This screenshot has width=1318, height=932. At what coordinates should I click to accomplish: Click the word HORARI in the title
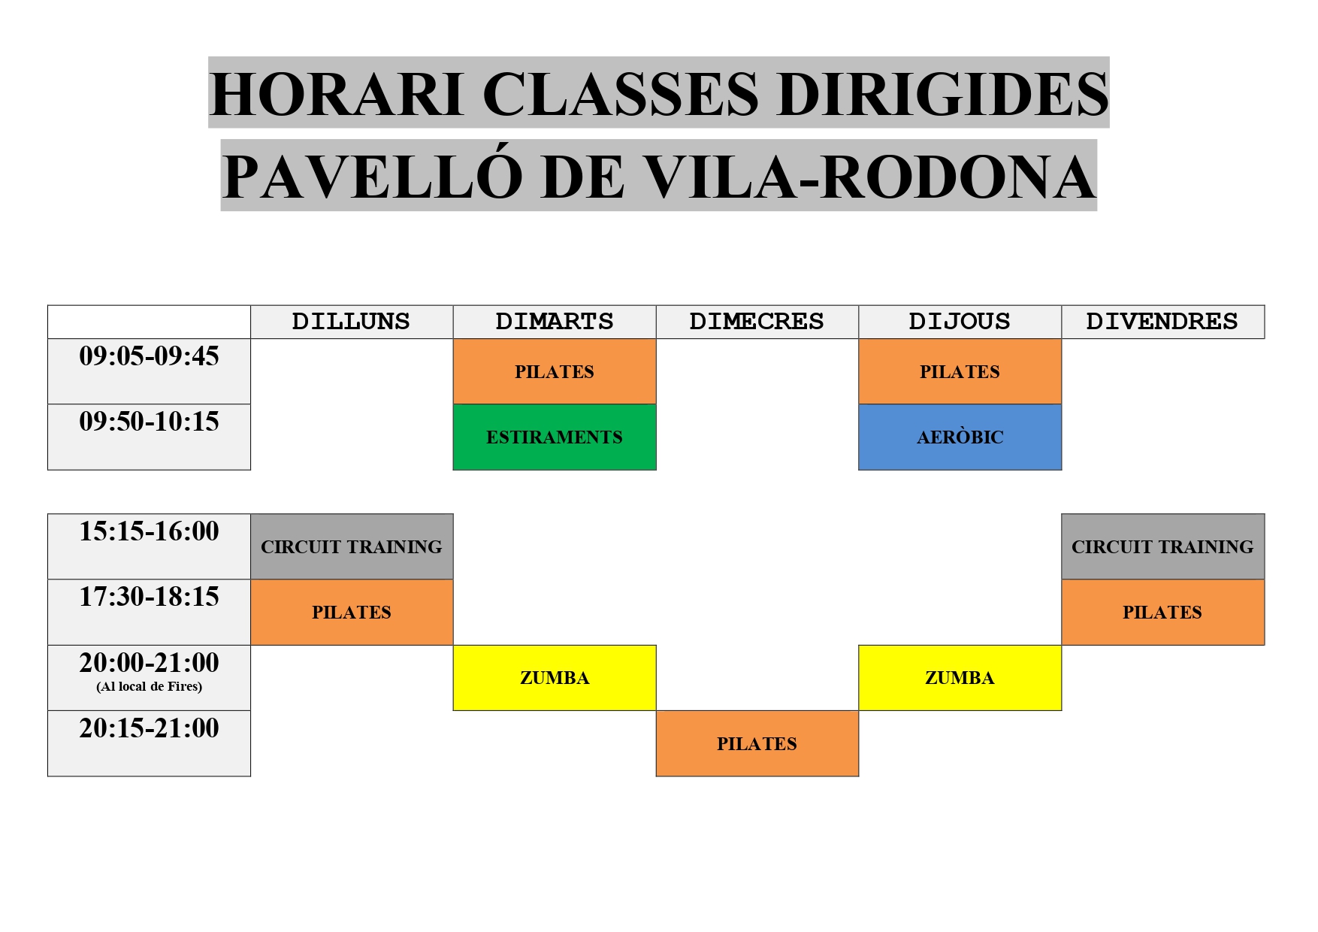[336, 94]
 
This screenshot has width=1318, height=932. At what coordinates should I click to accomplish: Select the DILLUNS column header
[352, 322]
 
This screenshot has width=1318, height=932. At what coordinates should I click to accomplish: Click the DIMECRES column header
[757, 322]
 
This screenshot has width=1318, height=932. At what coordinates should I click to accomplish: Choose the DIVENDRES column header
[1163, 322]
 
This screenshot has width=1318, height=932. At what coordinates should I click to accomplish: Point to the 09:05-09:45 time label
[149, 356]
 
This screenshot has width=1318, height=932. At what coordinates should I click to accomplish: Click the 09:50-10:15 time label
[149, 422]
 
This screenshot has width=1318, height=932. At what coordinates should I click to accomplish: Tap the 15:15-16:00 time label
[149, 531]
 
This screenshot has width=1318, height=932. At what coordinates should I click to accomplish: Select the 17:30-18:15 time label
[149, 597]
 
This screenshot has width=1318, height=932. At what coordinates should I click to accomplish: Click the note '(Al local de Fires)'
[149, 686]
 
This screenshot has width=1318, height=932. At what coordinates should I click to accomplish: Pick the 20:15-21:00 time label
[149, 728]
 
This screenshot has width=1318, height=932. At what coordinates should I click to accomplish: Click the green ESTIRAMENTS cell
[555, 437]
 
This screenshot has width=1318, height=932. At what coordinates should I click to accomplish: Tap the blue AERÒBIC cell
[960, 437]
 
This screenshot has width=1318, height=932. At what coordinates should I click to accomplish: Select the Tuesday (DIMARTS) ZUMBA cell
[555, 678]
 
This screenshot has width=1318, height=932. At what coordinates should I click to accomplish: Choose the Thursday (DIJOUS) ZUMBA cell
[960, 678]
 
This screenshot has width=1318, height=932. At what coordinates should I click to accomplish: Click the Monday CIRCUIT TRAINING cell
[352, 547]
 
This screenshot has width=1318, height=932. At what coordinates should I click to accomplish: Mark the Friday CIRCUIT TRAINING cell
[1163, 547]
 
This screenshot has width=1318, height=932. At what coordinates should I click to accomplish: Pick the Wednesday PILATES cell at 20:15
[757, 743]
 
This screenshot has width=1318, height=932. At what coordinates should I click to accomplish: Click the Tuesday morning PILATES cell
[555, 372]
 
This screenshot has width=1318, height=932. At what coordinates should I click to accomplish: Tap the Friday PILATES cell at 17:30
[1163, 613]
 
